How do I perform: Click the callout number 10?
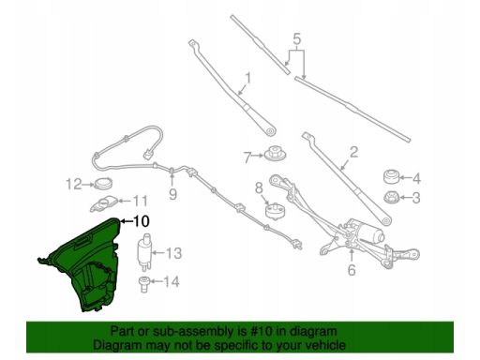[142, 221]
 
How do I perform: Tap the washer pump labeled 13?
[144, 251]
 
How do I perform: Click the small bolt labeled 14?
[143, 284]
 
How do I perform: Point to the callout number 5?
[297, 39]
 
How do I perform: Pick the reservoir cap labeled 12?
[103, 183]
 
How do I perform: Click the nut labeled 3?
[392, 197]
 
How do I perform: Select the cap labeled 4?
[392, 177]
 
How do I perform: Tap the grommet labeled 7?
[275, 154]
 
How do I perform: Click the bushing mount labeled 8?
[276, 211]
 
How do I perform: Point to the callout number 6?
[352, 270]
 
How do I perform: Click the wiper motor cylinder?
[375, 235]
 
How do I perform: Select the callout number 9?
[172, 194]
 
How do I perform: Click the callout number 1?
[248, 79]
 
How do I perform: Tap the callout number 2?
[353, 152]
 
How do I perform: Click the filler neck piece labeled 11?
[104, 203]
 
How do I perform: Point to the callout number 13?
[173, 253]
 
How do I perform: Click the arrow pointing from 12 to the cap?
[88, 185]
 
